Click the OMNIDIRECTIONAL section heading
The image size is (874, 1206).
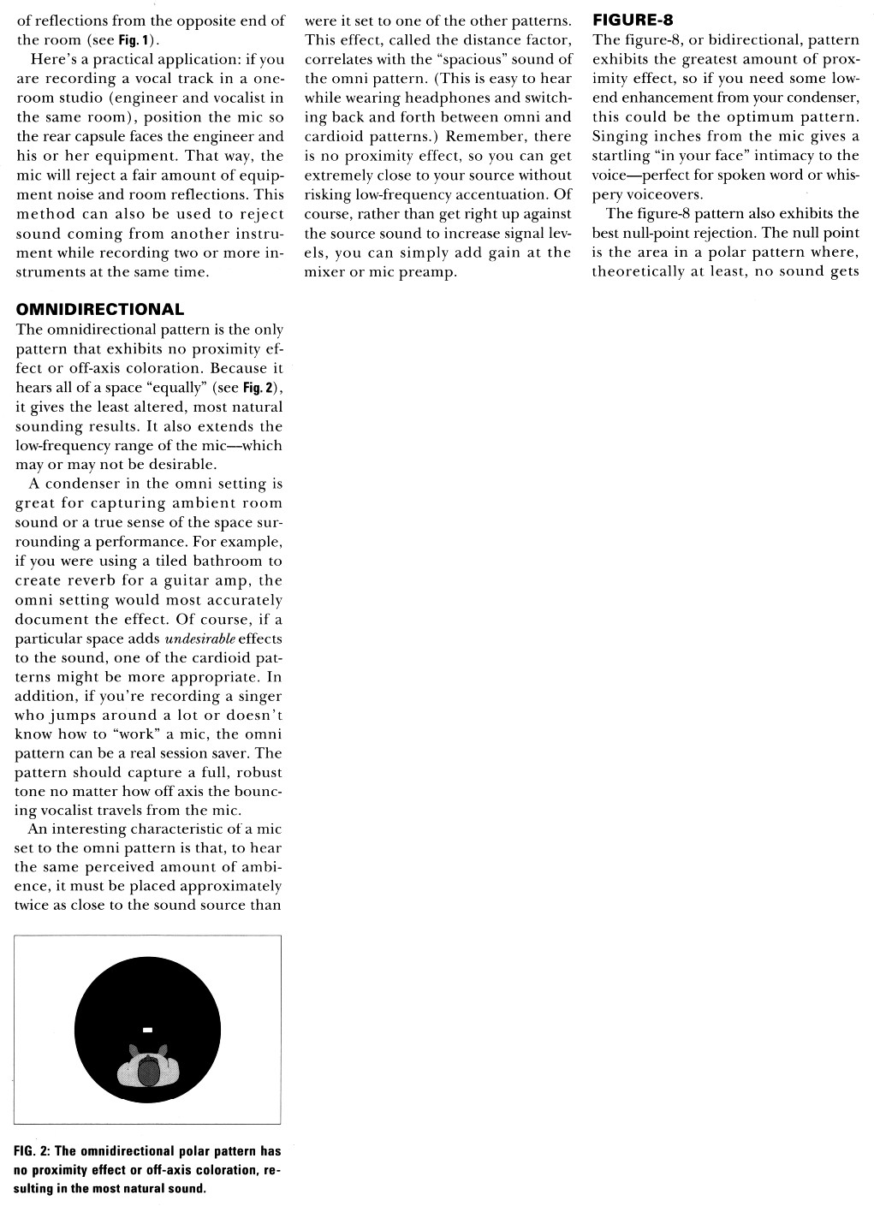pyautogui.click(x=99, y=310)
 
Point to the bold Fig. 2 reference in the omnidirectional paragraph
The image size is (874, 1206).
pyautogui.click(x=258, y=388)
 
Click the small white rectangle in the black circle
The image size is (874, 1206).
pyautogui.click(x=147, y=1029)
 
